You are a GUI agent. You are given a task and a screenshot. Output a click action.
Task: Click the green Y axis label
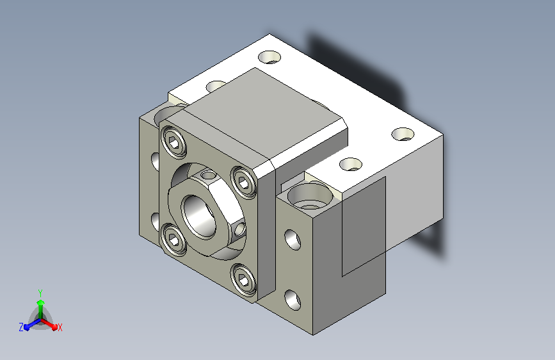click(x=40, y=293)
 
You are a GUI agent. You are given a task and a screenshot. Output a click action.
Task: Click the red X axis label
click(x=60, y=328)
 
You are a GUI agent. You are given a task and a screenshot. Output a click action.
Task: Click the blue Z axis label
click(x=21, y=327)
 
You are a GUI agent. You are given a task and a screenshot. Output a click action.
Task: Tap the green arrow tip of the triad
click(x=41, y=302)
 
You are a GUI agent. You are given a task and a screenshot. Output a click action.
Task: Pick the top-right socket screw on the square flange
click(x=243, y=182)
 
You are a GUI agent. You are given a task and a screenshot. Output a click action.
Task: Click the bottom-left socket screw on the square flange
click(x=173, y=239)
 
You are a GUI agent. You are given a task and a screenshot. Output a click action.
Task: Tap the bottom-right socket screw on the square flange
click(x=243, y=279)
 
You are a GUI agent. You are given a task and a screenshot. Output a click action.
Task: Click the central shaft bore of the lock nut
click(x=198, y=216)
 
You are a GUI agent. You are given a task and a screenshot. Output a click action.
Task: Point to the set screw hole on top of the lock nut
click(x=208, y=175)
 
